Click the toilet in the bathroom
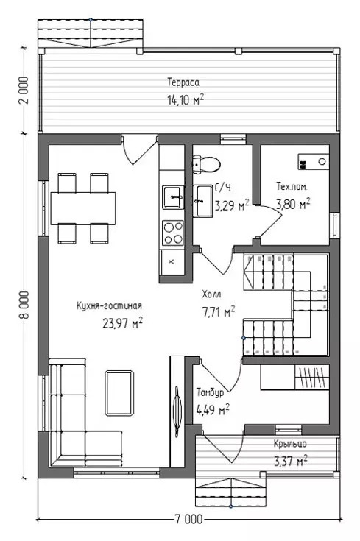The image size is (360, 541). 206,163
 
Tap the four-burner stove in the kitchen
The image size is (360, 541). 173,233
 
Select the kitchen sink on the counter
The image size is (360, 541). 173,197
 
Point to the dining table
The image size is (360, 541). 83,208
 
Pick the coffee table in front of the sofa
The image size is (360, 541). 119,393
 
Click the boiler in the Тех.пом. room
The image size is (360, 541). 314,161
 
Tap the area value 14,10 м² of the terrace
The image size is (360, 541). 186,99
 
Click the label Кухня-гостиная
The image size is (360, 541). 109,305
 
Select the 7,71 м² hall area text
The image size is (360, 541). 219,311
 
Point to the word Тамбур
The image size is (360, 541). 210,392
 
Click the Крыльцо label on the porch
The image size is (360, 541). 290,443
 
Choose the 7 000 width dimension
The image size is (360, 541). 188,519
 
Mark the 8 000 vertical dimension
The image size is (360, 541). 25,305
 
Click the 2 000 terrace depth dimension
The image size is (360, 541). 24,91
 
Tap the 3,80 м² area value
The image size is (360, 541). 293,204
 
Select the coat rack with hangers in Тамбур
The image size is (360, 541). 311,377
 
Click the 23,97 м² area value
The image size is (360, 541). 122,323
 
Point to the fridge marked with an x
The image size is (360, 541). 172,261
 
